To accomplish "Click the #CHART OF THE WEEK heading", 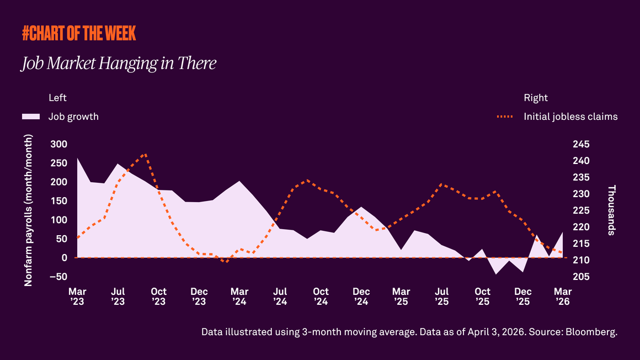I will pyautogui.click(x=79, y=34).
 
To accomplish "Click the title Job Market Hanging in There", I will pyautogui.click(x=119, y=63).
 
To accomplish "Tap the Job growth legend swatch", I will pyautogui.click(x=31, y=117).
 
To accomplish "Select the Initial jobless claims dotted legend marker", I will pyautogui.click(x=504, y=117).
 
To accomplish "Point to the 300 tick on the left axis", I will pyautogui.click(x=58, y=144).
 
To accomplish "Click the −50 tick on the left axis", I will pyautogui.click(x=56, y=277).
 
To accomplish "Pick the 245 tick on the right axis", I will pyautogui.click(x=582, y=144).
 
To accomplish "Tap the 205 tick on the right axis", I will pyautogui.click(x=582, y=277).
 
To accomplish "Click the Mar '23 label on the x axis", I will pyautogui.click(x=77, y=297).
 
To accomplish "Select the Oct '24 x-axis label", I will pyautogui.click(x=321, y=297).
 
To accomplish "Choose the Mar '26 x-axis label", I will pyautogui.click(x=563, y=297).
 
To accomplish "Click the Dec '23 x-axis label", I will pyautogui.click(x=199, y=297).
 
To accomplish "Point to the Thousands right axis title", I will pyautogui.click(x=611, y=210).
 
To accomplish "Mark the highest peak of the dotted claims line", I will pyautogui.click(x=145, y=155).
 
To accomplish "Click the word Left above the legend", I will pyautogui.click(x=57, y=98).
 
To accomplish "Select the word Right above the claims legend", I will pyautogui.click(x=535, y=98).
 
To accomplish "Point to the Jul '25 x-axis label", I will pyautogui.click(x=441, y=297).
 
